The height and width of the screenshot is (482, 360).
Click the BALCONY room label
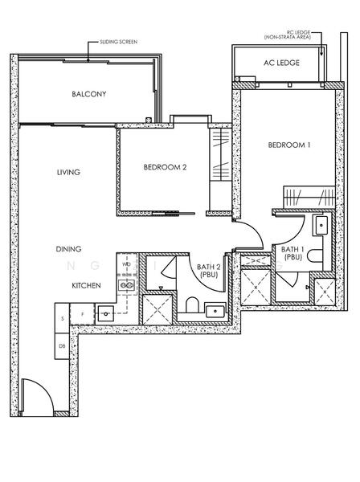coord(88,94)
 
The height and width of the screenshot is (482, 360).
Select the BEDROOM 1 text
coord(288,145)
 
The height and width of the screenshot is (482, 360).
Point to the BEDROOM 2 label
coord(165,167)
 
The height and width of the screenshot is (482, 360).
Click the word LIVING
coord(68,172)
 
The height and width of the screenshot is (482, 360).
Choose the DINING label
coord(69,250)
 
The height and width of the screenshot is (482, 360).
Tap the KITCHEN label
coord(86,285)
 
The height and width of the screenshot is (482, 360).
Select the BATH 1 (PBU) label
coord(292,253)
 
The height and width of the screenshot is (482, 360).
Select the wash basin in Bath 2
coord(215,310)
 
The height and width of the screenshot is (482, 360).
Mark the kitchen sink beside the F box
coord(105,312)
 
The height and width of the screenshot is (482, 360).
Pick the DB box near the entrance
coord(62,345)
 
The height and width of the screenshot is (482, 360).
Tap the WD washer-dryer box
coord(126,263)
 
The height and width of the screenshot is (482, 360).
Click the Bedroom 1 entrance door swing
coord(249,235)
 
